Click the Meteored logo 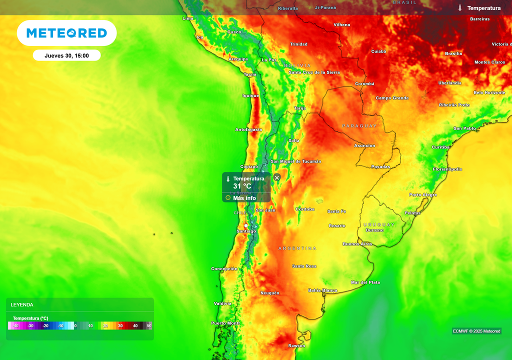pyautogui.click(x=66, y=33)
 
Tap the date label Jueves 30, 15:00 pyautogui.click(x=66, y=55)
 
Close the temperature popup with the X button pyautogui.click(x=277, y=177)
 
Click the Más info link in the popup pyautogui.click(x=244, y=198)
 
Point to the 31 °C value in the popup pyautogui.click(x=242, y=186)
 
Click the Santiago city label pyautogui.click(x=246, y=231)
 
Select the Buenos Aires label pyautogui.click(x=357, y=244)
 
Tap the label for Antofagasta pyautogui.click(x=248, y=129)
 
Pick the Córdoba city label pyautogui.click(x=305, y=209)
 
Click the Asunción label pyautogui.click(x=364, y=145)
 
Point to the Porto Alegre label pyautogui.click(x=423, y=194)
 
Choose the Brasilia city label pyautogui.click(x=453, y=53)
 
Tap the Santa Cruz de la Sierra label pyautogui.click(x=314, y=72)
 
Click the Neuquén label pyautogui.click(x=269, y=293)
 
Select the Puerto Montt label pyautogui.click(x=225, y=323)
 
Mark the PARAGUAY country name pyautogui.click(x=359, y=126)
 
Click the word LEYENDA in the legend pyautogui.click(x=22, y=304)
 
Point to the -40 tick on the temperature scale pyautogui.click(x=16, y=325)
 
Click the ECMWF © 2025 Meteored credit pyautogui.click(x=476, y=331)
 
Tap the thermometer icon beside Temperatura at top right pyautogui.click(x=460, y=8)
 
